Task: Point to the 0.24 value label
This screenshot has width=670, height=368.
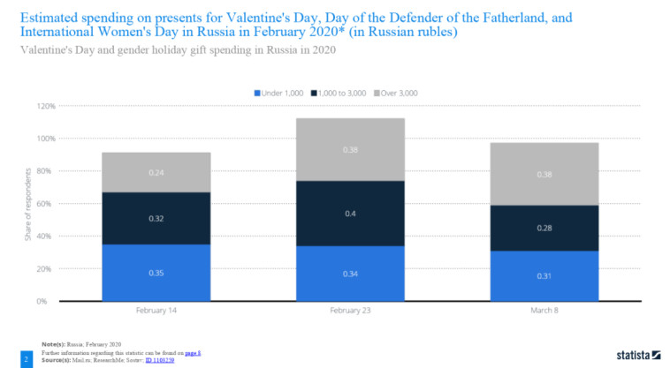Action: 156,173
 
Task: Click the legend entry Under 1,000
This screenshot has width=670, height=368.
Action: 282,93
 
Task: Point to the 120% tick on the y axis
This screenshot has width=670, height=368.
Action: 46,106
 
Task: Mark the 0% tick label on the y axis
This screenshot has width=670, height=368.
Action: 50,301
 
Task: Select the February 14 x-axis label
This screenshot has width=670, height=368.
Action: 156,312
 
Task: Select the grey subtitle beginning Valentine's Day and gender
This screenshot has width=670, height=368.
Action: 177,49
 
